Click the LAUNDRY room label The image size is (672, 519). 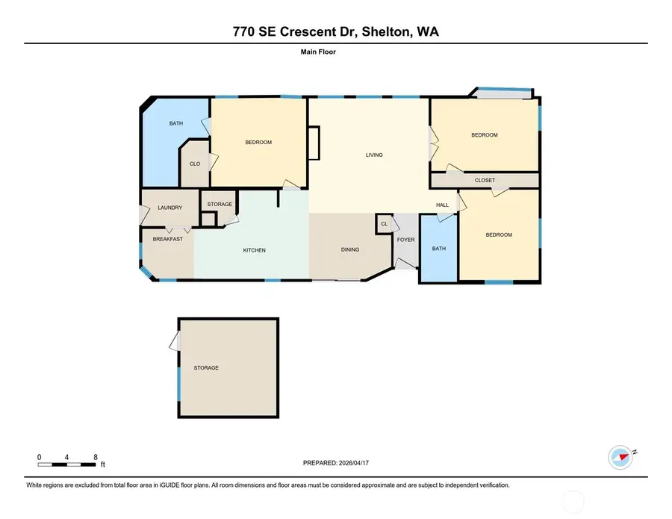click(x=169, y=208)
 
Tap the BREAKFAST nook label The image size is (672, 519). click(x=168, y=239)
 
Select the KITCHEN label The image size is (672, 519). click(x=254, y=250)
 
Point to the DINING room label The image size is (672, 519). click(x=349, y=250)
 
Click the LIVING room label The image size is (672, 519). click(x=374, y=155)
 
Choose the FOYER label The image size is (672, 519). click(x=405, y=240)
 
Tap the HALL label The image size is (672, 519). click(x=442, y=205)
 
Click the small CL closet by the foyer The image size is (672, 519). click(x=385, y=223)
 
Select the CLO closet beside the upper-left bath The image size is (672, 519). click(x=194, y=164)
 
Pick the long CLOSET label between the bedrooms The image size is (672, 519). click(x=485, y=180)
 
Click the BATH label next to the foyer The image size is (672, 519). click(x=438, y=249)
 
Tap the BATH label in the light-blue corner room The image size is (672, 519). click(x=175, y=123)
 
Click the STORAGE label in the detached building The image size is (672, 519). click(x=206, y=367)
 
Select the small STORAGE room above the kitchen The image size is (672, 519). click(x=220, y=204)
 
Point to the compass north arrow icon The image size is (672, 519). click(x=621, y=456)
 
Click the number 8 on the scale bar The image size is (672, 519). click(x=95, y=456)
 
